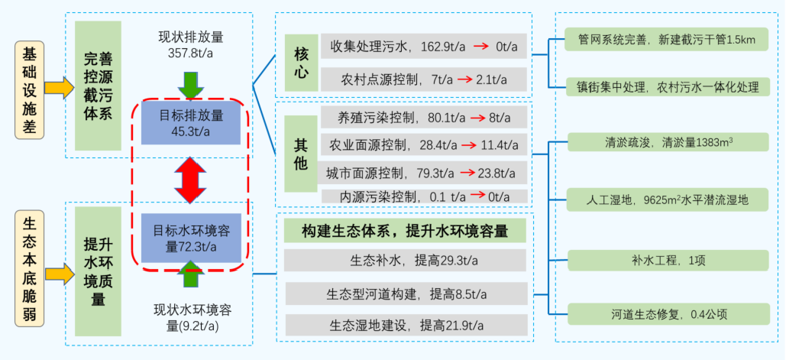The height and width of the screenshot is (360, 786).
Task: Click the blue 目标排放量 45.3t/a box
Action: (191, 123)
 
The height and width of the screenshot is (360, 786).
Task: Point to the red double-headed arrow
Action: (191, 180)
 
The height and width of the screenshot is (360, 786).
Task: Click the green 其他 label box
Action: (301, 154)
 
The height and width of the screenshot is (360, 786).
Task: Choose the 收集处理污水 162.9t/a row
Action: (424, 47)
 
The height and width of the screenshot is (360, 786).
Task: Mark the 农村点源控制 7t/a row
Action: (424, 79)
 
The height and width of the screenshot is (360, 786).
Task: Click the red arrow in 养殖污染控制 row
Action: (478, 118)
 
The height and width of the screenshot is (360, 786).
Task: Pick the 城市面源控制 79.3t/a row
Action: (424, 172)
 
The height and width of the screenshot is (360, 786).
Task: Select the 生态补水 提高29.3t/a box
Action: (405, 260)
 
